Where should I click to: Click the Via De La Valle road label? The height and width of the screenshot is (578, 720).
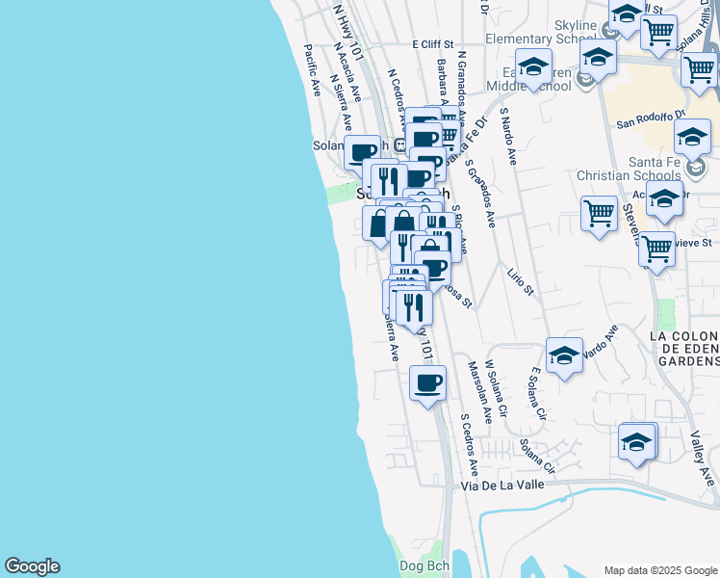[502, 486]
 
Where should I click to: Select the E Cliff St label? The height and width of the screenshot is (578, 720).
[432, 44]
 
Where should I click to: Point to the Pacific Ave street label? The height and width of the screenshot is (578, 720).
[312, 70]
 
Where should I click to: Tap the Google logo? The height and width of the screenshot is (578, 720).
[32, 566]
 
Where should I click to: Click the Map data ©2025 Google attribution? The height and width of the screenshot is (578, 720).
[660, 570]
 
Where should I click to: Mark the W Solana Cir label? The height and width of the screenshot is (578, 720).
[495, 384]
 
